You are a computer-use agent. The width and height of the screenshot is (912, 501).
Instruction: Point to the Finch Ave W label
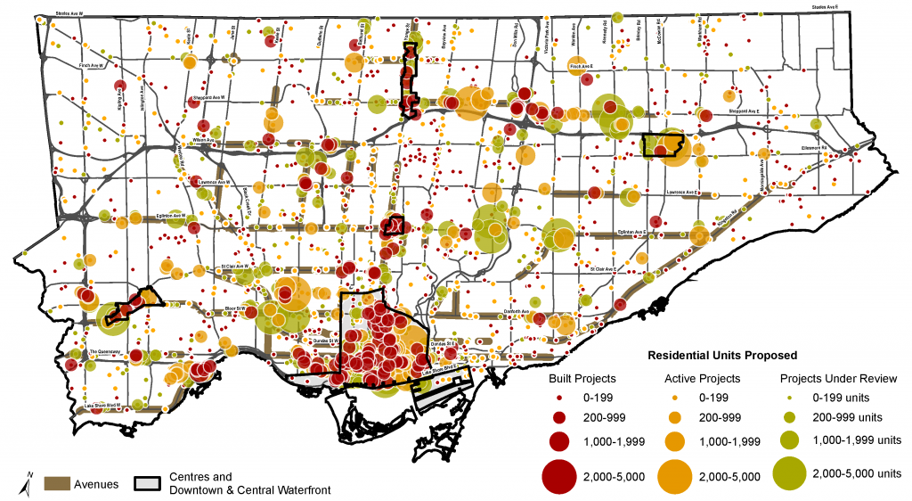[91, 65]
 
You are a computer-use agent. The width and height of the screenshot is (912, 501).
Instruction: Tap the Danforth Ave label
[517, 312]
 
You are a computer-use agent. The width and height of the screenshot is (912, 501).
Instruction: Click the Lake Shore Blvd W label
[102, 407]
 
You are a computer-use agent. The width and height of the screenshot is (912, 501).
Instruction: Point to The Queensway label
[104, 351]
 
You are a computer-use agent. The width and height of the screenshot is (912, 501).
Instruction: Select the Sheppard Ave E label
[743, 111]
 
